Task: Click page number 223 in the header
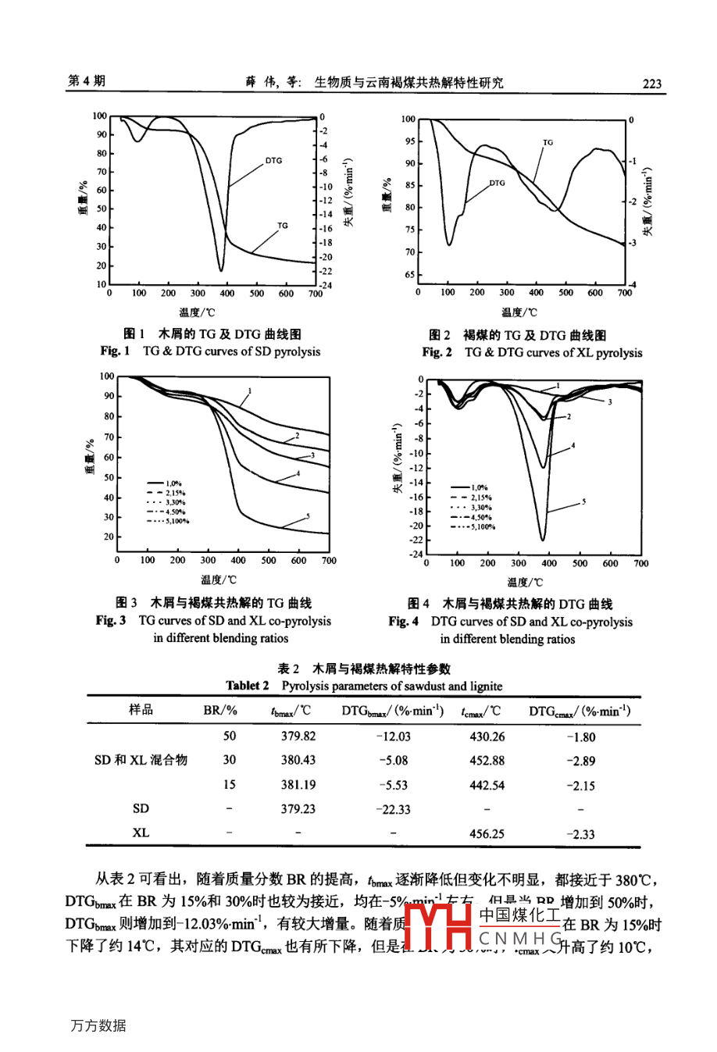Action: (651, 84)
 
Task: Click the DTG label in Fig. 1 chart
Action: (273, 161)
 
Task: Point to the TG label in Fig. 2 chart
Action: (548, 142)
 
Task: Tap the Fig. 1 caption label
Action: (115, 351)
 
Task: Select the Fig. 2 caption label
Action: (437, 352)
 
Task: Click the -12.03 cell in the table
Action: (393, 736)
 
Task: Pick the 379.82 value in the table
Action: (298, 736)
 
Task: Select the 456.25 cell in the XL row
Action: (487, 833)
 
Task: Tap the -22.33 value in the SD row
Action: (393, 809)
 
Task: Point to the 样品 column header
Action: (141, 709)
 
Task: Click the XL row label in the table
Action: (141, 833)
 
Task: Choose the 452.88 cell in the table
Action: (487, 760)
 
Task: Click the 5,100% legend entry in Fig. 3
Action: (168, 522)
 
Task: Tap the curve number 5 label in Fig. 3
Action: (308, 515)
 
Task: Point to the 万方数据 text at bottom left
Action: (98, 1025)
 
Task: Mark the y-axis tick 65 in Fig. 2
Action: (409, 275)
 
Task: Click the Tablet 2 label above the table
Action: (248, 686)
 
